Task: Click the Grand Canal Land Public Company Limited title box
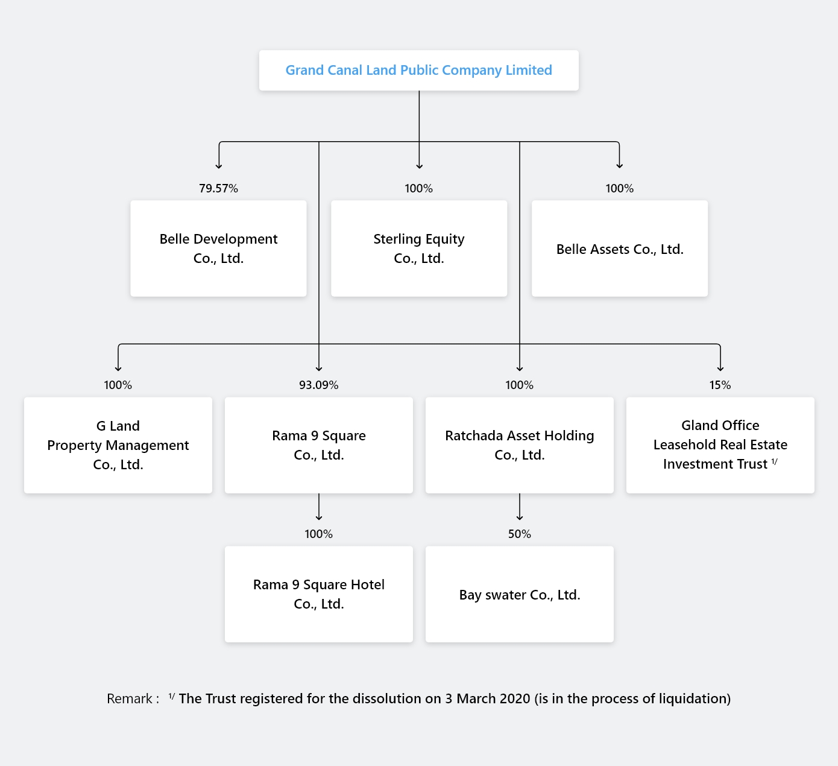[418, 70]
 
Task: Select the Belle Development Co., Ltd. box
[218, 248]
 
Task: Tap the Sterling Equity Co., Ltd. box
[419, 248]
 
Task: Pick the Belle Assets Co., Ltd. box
[620, 248]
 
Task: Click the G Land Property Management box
[118, 445]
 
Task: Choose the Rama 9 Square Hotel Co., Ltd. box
[319, 594]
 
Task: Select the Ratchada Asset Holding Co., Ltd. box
[519, 445]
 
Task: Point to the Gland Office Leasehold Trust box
[720, 445]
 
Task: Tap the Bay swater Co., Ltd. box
[519, 594]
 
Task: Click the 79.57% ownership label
[218, 188]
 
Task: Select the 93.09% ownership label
[319, 385]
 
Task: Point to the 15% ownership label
[720, 385]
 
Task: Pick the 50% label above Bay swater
[519, 534]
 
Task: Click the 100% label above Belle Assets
[620, 188]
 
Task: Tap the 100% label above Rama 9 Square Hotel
[319, 534]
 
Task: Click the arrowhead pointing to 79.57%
[219, 166]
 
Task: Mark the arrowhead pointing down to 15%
[720, 369]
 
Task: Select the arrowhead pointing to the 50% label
[519, 518]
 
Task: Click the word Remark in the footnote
[130, 698]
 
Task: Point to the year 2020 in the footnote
[515, 698]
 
